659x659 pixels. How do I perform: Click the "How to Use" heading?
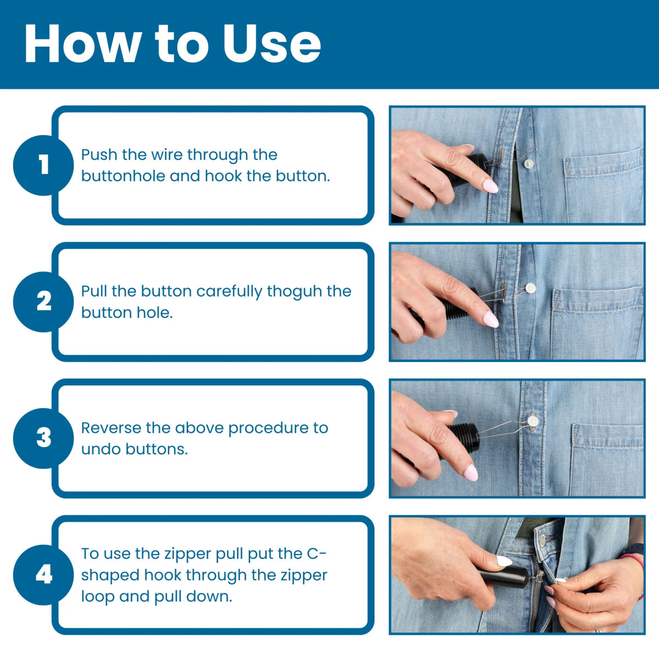tap(172, 44)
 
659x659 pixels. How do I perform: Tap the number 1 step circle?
tap(43, 165)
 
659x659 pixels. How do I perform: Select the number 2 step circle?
tap(43, 301)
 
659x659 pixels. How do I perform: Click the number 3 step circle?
tap(43, 438)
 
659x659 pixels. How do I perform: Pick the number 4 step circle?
tap(43, 575)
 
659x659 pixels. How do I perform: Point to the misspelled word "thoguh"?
tap(294, 291)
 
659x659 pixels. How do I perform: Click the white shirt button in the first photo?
tap(528, 163)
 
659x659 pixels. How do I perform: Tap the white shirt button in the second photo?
tap(530, 287)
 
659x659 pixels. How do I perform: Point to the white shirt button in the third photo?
tap(532, 421)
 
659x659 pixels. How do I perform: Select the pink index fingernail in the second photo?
tap(490, 319)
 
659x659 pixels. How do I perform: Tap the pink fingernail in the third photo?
tap(471, 472)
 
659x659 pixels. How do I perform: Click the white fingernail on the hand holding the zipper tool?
tap(504, 561)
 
